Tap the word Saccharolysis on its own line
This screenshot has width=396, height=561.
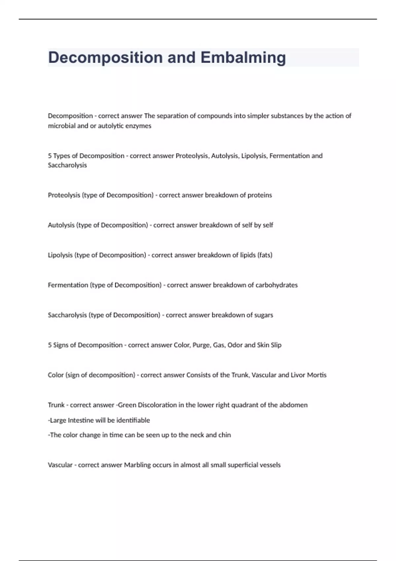67,165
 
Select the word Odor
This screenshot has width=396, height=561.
235,345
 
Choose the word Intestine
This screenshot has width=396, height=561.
81,420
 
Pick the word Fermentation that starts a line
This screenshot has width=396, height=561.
68,285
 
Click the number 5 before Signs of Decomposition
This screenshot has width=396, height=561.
50,345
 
